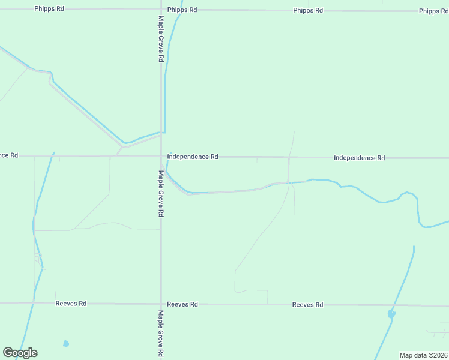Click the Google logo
[20, 353]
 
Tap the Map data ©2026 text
[423, 355]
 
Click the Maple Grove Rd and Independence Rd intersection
[161, 156]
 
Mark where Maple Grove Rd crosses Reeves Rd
[161, 304]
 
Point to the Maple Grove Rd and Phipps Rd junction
[161, 10]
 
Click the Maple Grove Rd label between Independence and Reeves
[161, 193]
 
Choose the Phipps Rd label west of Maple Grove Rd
[49, 9]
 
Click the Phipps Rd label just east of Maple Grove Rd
[182, 10]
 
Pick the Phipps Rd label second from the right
[308, 11]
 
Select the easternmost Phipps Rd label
[433, 11]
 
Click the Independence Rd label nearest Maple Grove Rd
[193, 157]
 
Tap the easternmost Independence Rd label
[359, 158]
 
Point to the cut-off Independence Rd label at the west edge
[9, 155]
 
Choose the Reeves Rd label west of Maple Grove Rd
[71, 304]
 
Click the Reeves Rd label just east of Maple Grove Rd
[182, 304]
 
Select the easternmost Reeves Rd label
[307, 305]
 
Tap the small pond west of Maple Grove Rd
[65, 344]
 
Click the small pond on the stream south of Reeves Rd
[391, 314]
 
